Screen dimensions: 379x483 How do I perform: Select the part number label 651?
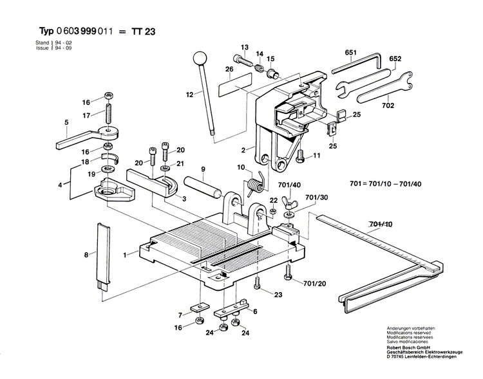351,51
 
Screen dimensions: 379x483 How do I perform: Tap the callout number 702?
389,105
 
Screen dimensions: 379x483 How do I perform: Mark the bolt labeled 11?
300,154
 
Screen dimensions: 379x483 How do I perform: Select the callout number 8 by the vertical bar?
86,255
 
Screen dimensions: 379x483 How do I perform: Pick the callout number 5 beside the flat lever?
66,122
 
